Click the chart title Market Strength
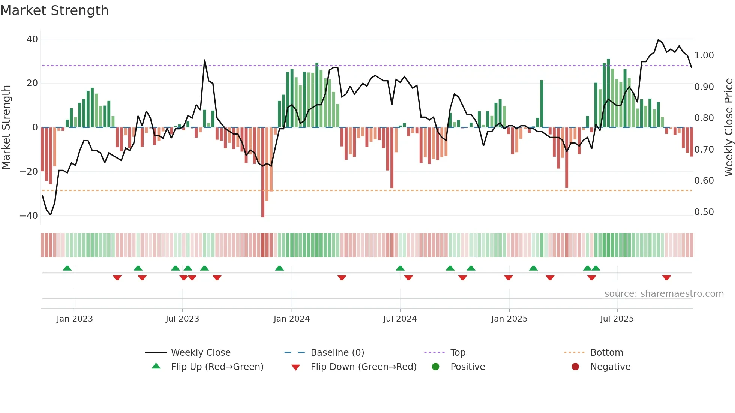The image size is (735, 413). click(54, 10)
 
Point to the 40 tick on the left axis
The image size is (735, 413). click(32, 39)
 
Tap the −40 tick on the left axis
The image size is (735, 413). click(29, 216)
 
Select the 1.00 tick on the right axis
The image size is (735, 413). click(704, 55)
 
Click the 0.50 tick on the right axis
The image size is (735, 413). click(704, 212)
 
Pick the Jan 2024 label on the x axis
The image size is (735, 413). click(291, 319)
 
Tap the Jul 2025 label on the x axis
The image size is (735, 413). click(616, 319)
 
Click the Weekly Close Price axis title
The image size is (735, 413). click(728, 127)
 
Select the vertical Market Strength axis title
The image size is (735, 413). click(6, 127)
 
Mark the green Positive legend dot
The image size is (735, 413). click(435, 367)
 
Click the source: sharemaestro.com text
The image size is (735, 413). click(664, 294)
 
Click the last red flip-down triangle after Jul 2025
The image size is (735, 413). click(666, 278)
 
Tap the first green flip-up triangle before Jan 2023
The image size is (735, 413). click(67, 268)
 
